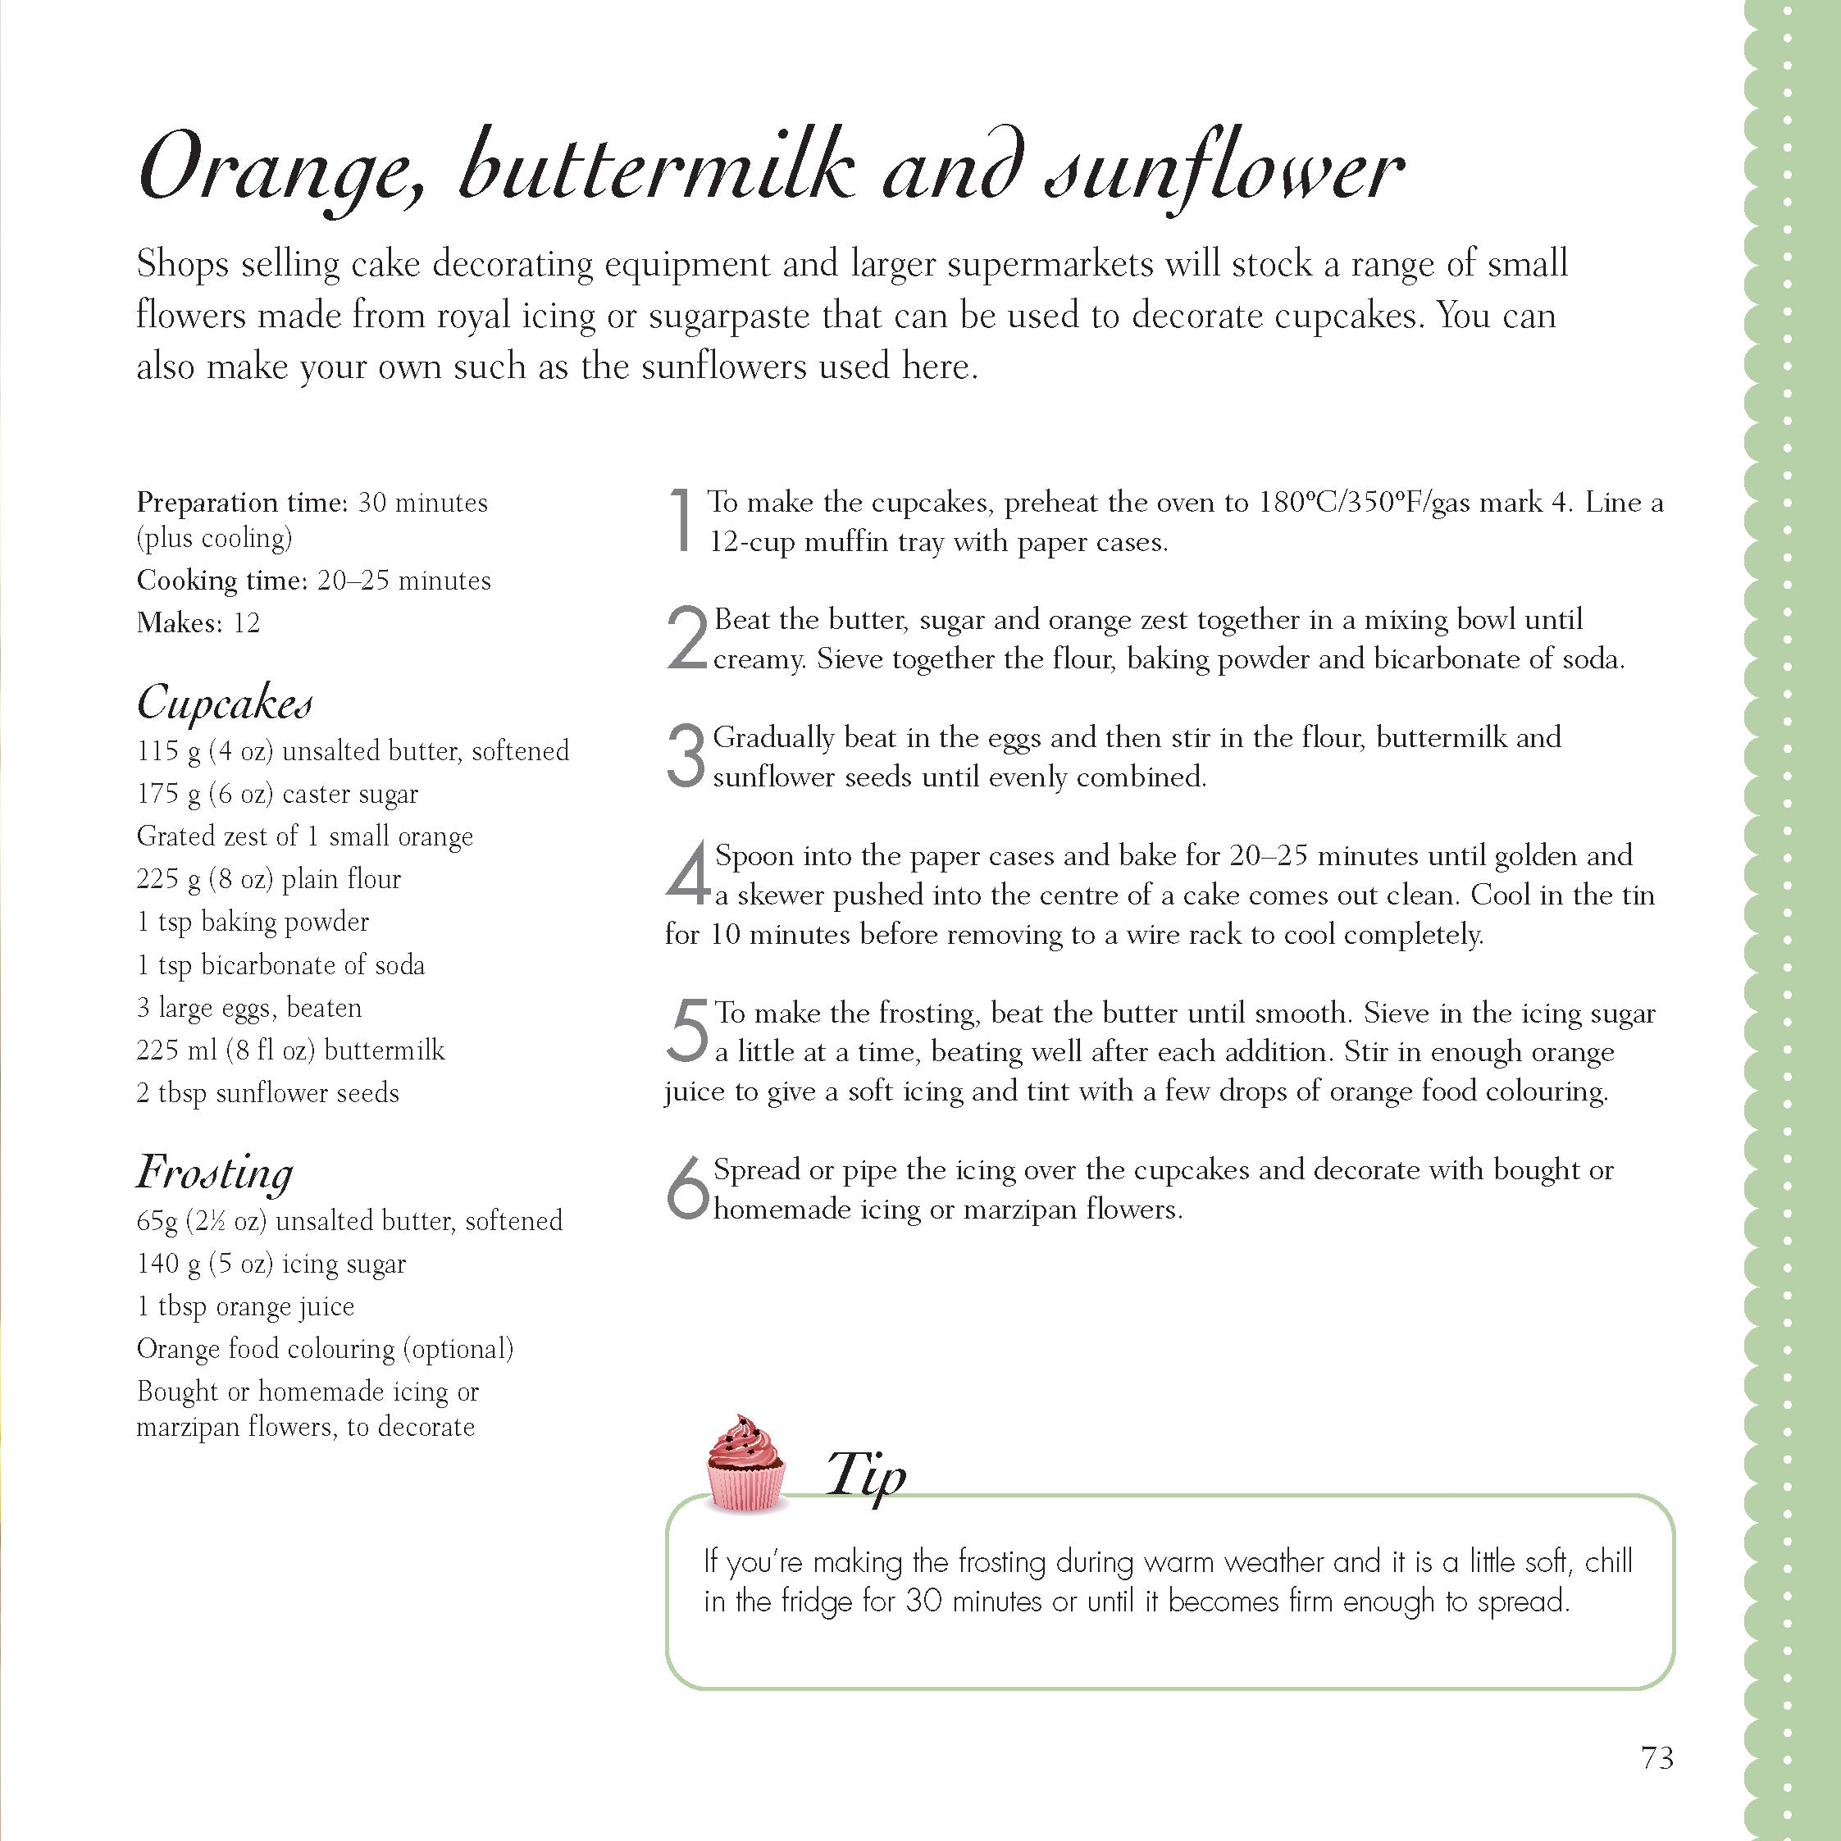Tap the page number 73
(1657, 1757)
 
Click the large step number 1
(681, 519)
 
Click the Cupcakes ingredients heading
(225, 704)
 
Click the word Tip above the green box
(865, 1476)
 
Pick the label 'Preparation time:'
(242, 502)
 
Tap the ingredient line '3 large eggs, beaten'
(249, 1007)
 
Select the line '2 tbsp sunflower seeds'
(268, 1093)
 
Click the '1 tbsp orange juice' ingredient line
(246, 1306)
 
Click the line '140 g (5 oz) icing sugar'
(271, 1264)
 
